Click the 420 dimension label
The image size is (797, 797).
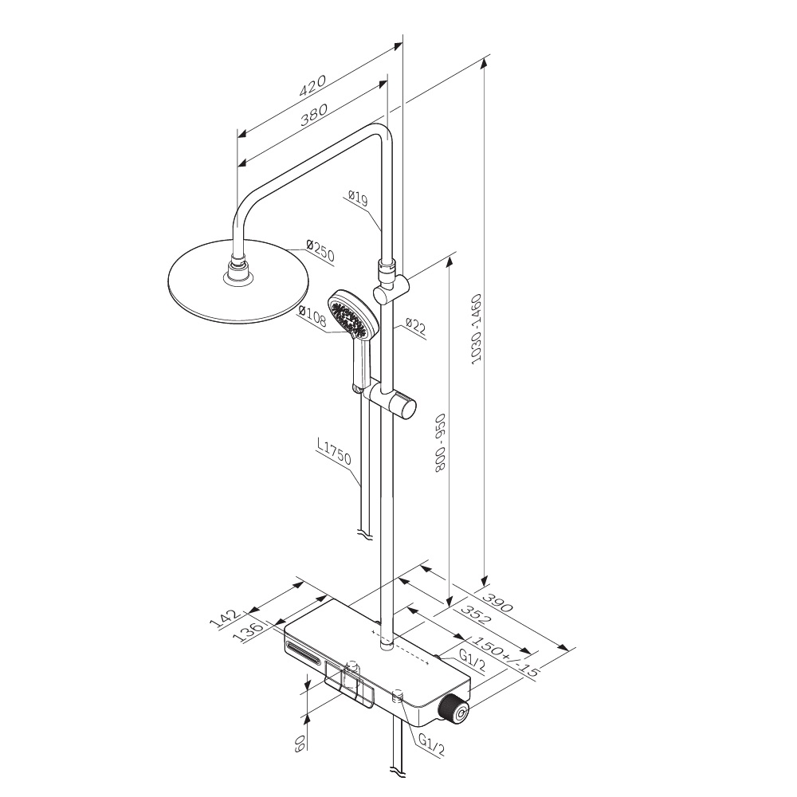click(x=312, y=86)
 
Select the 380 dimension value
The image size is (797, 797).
click(x=313, y=115)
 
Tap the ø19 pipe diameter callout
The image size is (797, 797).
click(x=358, y=198)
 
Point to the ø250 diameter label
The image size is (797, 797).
click(x=320, y=251)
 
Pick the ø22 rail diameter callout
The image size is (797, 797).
click(x=416, y=326)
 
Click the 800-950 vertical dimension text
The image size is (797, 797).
click(x=440, y=442)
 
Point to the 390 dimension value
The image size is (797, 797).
click(x=497, y=601)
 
